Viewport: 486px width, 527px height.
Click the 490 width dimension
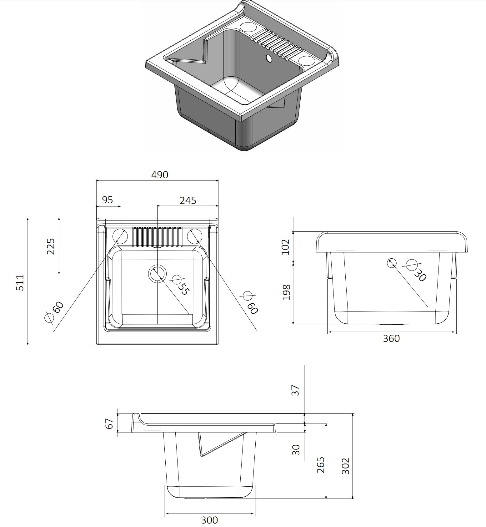[x=160, y=175]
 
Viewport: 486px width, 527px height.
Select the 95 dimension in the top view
[x=107, y=200]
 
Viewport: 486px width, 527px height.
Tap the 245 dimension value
[x=188, y=200]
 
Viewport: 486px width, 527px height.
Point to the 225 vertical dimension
[x=51, y=246]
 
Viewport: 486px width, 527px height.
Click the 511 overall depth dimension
[x=20, y=283]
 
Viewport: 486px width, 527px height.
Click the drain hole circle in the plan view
[x=157, y=274]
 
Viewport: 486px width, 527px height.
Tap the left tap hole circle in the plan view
[x=120, y=236]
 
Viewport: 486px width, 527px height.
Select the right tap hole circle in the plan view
[x=195, y=236]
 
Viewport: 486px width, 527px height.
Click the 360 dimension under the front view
[x=391, y=338]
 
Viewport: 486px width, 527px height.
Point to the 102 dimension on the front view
[x=286, y=247]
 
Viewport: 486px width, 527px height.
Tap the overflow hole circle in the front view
[x=392, y=263]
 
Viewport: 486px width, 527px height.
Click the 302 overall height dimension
[x=345, y=466]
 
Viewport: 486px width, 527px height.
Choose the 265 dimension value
[x=320, y=465]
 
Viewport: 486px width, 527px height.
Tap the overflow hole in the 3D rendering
[x=268, y=58]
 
